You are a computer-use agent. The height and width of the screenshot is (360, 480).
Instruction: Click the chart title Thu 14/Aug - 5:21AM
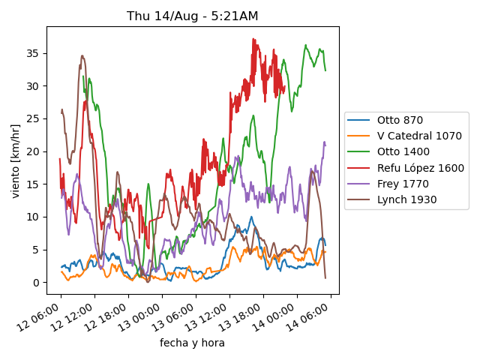pos(192,16)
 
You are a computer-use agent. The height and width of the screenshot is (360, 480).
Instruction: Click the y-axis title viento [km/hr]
pos(16,160)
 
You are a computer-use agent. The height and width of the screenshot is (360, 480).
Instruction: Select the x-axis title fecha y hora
pos(192,343)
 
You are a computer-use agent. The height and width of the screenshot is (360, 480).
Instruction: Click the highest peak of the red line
pos(253,39)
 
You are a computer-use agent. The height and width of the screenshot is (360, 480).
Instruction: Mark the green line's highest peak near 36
pos(305,45)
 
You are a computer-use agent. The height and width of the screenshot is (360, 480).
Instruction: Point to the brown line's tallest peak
pos(82,55)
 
